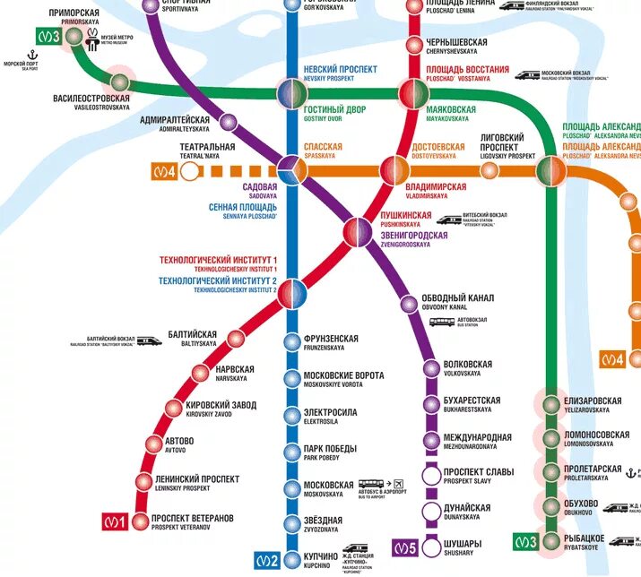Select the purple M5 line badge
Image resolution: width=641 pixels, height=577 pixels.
tap(404, 546)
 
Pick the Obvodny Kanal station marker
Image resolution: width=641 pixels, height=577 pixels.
tap(407, 303)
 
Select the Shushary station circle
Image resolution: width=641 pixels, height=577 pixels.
tap(432, 546)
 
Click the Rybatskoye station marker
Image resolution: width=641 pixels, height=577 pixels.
tap(550, 541)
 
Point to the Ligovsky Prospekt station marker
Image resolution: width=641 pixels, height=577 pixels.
tap(489, 170)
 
